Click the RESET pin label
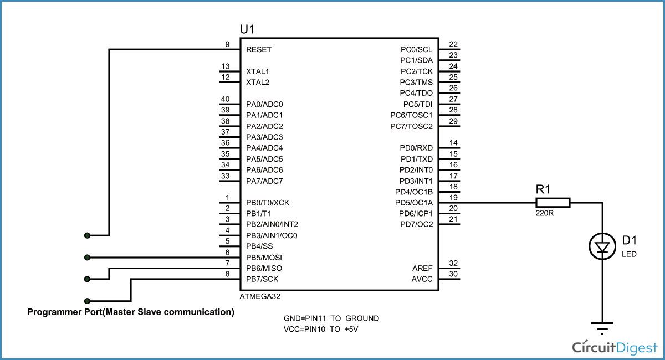tap(259, 49)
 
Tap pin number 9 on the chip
tap(227, 44)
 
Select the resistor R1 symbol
tap(553, 203)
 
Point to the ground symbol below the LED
tap(602, 327)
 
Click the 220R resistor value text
tap(545, 213)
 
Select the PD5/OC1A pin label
tap(413, 203)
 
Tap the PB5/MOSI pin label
tap(264, 258)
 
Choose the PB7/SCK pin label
tap(262, 279)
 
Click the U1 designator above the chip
tap(248, 29)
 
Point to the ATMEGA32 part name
tap(260, 297)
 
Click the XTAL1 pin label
tap(258, 71)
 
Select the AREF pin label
tap(423, 269)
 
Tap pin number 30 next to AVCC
tap(453, 274)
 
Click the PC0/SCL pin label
tap(416, 49)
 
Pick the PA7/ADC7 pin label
tap(264, 181)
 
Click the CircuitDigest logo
tap(614, 347)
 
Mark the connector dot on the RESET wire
tap(87, 236)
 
